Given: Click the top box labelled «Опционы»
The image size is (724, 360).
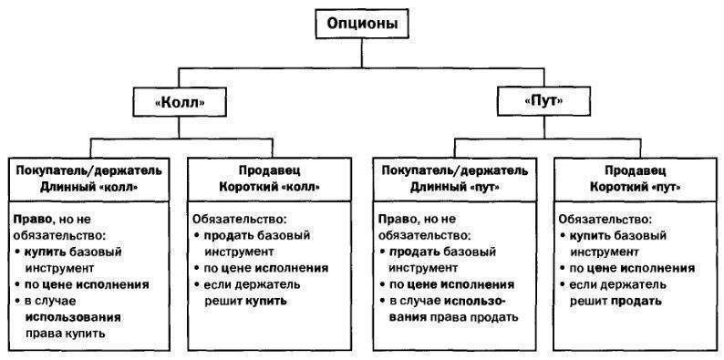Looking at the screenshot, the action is click(x=362, y=24).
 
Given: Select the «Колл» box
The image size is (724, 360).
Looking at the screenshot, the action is click(x=180, y=101).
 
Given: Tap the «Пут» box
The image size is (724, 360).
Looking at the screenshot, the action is click(x=544, y=101).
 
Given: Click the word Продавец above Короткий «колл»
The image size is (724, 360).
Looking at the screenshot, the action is click(x=270, y=171).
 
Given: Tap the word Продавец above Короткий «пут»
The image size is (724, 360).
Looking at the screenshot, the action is click(x=635, y=171).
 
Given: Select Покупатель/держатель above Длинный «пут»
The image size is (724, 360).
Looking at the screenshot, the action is click(x=454, y=171).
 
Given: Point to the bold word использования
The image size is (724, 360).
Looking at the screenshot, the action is click(x=73, y=317).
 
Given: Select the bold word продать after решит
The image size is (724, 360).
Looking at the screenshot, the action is click(x=636, y=302).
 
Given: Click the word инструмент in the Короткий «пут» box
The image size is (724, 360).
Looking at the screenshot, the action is click(x=605, y=252).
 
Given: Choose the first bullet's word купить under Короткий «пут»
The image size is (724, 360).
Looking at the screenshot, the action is click(x=592, y=236).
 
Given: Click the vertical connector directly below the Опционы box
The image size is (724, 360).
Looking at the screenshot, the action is click(x=362, y=54).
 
